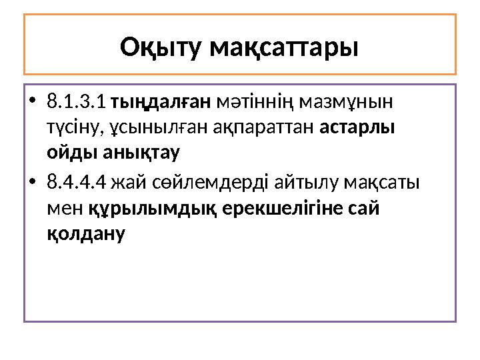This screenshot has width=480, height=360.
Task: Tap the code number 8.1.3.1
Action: tap(77, 103)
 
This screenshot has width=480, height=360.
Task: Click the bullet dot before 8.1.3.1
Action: tap(33, 104)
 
